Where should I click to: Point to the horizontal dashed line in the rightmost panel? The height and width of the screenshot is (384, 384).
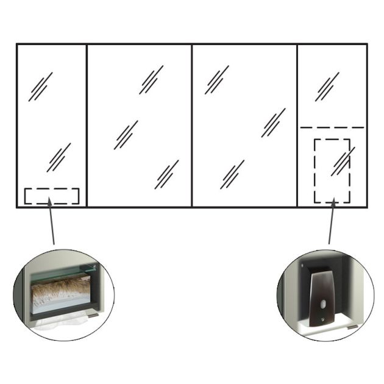(332, 127)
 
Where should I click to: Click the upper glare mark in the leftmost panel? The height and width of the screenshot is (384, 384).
(40, 87)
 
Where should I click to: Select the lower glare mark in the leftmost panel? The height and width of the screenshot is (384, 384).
(59, 157)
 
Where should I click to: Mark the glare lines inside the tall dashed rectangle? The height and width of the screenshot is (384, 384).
(343, 162)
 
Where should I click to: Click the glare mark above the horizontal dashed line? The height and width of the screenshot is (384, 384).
(327, 87)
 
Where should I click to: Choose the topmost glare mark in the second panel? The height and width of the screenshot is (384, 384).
(151, 80)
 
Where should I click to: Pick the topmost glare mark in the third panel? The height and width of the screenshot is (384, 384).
(216, 80)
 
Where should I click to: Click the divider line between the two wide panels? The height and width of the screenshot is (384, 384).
(192, 125)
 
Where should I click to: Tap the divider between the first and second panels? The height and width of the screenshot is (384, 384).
(87, 125)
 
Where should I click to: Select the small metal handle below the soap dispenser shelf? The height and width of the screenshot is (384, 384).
(352, 327)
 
